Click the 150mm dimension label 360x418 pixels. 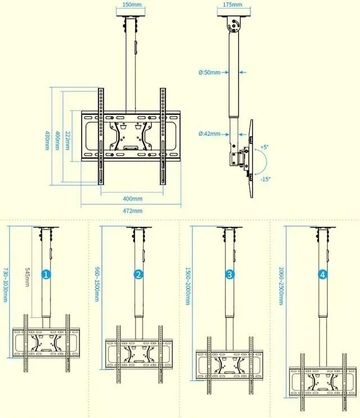(x=132, y=5)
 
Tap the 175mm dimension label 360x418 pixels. (x=232, y=5)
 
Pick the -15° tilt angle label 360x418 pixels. (x=265, y=179)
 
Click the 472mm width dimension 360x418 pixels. (x=133, y=210)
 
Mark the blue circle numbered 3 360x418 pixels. (x=230, y=275)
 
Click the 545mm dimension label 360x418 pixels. (x=26, y=276)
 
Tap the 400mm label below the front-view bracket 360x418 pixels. (x=133, y=199)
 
